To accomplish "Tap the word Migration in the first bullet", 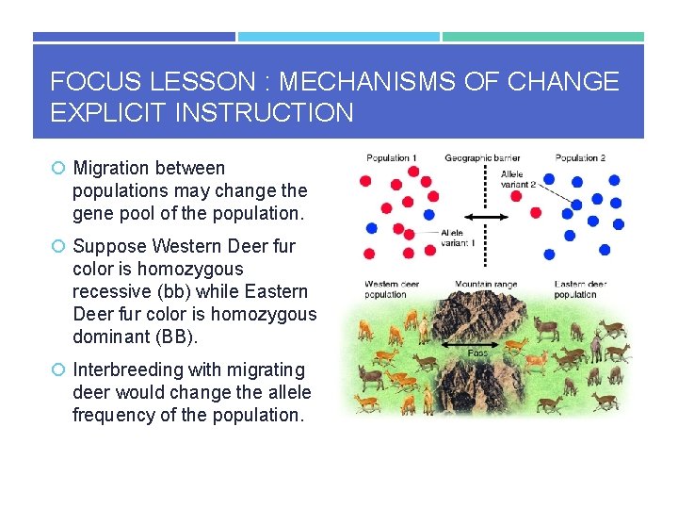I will coord(114,168).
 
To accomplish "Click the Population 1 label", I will coord(391,157).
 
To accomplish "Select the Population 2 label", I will coord(580,157).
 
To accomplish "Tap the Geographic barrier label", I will coord(482,157).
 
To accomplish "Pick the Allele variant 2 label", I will coord(518,180).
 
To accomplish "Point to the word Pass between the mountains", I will coord(477,353).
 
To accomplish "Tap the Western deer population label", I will coord(393,289).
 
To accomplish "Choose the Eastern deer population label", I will coord(581,289).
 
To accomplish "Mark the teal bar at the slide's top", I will coord(543,37).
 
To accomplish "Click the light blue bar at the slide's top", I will coord(338,37).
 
